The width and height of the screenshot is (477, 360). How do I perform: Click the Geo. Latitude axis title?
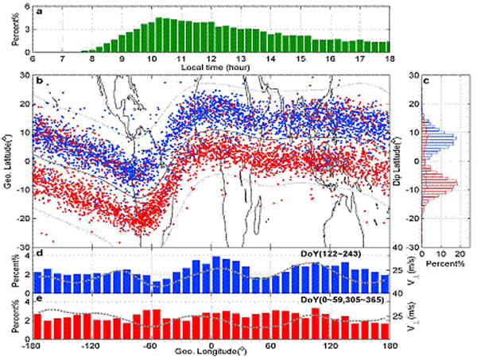[x=9, y=160]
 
